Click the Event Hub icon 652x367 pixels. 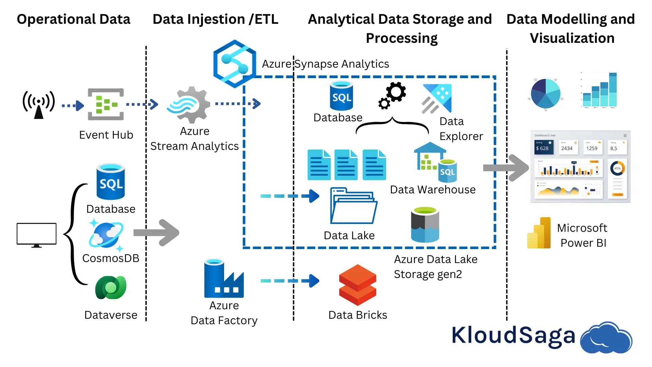pyautogui.click(x=106, y=104)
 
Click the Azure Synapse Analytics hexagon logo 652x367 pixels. pyautogui.click(x=234, y=64)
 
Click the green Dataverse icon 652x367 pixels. pyautogui.click(x=111, y=287)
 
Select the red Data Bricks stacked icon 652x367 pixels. pyautogui.click(x=358, y=285)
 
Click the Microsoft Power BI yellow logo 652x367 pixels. pyautogui.click(x=539, y=233)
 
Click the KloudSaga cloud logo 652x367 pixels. pyautogui.click(x=606, y=338)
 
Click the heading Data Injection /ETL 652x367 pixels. pyautogui.click(x=215, y=19)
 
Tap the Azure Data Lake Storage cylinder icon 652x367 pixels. pyautogui.click(x=425, y=225)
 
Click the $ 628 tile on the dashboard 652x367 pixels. pyautogui.click(x=544, y=147)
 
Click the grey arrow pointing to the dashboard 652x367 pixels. pyautogui.click(x=506, y=168)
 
